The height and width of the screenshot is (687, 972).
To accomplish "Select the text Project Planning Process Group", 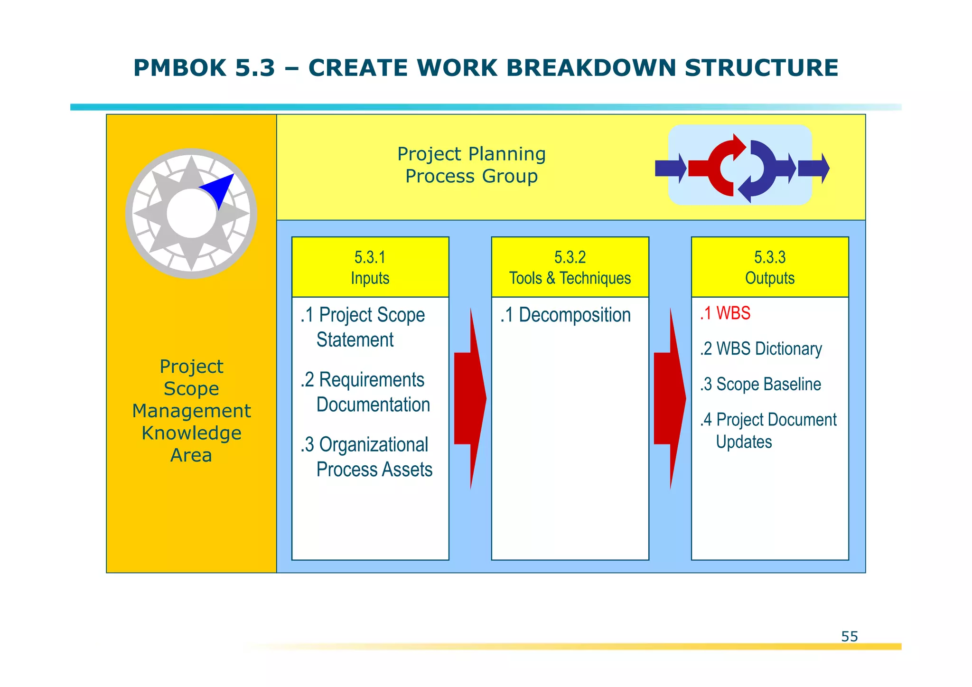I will [x=471, y=165].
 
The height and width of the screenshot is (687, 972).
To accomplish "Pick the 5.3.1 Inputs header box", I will [x=370, y=267].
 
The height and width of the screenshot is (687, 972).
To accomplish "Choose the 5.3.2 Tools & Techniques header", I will [x=570, y=267].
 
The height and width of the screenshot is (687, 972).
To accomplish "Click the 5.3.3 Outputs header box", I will [x=770, y=267].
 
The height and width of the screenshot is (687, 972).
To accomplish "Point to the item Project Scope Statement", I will [x=363, y=327].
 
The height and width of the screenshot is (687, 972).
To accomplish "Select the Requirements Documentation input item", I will [x=365, y=392].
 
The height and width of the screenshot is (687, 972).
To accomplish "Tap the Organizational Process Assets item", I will [x=366, y=457].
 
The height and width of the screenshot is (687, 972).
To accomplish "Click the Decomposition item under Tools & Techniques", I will [x=565, y=315].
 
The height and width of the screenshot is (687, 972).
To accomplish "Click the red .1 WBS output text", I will [x=725, y=313].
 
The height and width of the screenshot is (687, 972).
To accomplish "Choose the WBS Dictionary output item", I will [x=761, y=348].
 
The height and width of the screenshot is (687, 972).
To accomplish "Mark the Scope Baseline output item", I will [x=760, y=384].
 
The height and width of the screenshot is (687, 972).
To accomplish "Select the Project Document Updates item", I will [x=768, y=430].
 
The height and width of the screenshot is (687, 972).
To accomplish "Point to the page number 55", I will [x=849, y=636].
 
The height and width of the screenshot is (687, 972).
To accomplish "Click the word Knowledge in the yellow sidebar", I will [x=191, y=433].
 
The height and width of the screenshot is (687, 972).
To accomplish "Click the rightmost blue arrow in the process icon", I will [x=813, y=168].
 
